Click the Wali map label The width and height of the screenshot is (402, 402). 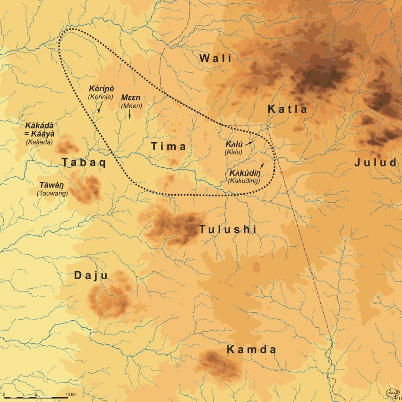click(x=215, y=59)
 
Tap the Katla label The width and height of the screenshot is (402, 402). click(x=287, y=109)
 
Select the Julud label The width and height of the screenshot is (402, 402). click(x=376, y=163)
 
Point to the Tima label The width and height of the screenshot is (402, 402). click(x=169, y=147)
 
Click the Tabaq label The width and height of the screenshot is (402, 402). click(x=83, y=163)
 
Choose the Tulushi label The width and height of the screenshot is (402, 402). click(x=227, y=230)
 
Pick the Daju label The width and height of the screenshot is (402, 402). click(x=91, y=275)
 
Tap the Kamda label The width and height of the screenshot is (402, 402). click(x=251, y=350)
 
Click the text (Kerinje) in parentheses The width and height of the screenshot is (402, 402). click(x=101, y=97)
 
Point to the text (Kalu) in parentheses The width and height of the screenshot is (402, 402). click(x=233, y=152)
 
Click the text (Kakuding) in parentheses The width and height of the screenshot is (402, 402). click(x=244, y=180)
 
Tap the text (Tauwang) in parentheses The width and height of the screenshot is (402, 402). click(x=52, y=193)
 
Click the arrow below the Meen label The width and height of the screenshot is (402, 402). click(x=130, y=114)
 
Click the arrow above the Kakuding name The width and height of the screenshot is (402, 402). click(x=262, y=163)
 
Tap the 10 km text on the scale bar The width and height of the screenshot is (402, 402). click(x=71, y=394)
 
